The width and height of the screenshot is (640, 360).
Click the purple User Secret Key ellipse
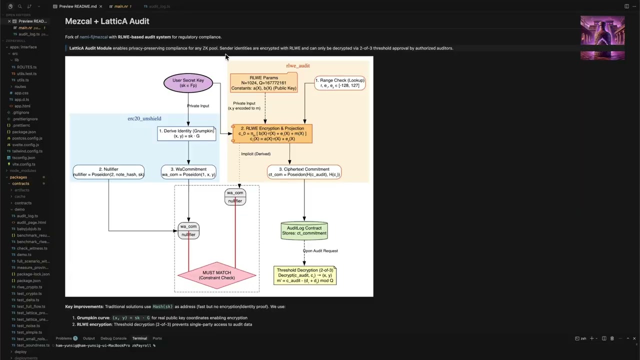pos(188,83)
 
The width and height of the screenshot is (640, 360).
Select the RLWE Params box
pos(263,83)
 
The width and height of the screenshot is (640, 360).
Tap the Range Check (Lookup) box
pos(340,83)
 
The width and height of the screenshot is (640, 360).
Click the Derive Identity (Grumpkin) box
pos(186,133)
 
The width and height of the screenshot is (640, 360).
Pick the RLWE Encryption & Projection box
pos(272,133)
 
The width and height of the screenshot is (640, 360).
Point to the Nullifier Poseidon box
pos(108,172)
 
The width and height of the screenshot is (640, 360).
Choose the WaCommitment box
pos(188,172)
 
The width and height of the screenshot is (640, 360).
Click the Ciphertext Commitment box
pos(304,172)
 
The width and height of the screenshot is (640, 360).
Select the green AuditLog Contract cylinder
pos(304,230)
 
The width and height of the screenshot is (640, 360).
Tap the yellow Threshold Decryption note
pos(305,275)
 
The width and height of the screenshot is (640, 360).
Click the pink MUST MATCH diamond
pos(216,275)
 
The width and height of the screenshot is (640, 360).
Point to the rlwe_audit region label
pos(297,65)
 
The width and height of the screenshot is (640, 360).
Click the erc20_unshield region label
pos(144,118)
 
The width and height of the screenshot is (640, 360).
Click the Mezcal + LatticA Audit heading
pos(107,21)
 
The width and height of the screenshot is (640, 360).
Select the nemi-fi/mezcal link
pos(93,37)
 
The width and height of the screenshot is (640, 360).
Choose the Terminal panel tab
pos(139,338)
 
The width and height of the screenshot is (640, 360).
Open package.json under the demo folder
pos(28,280)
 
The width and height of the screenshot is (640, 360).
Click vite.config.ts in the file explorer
pos(23,164)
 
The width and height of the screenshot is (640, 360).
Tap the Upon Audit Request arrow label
pos(320,251)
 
